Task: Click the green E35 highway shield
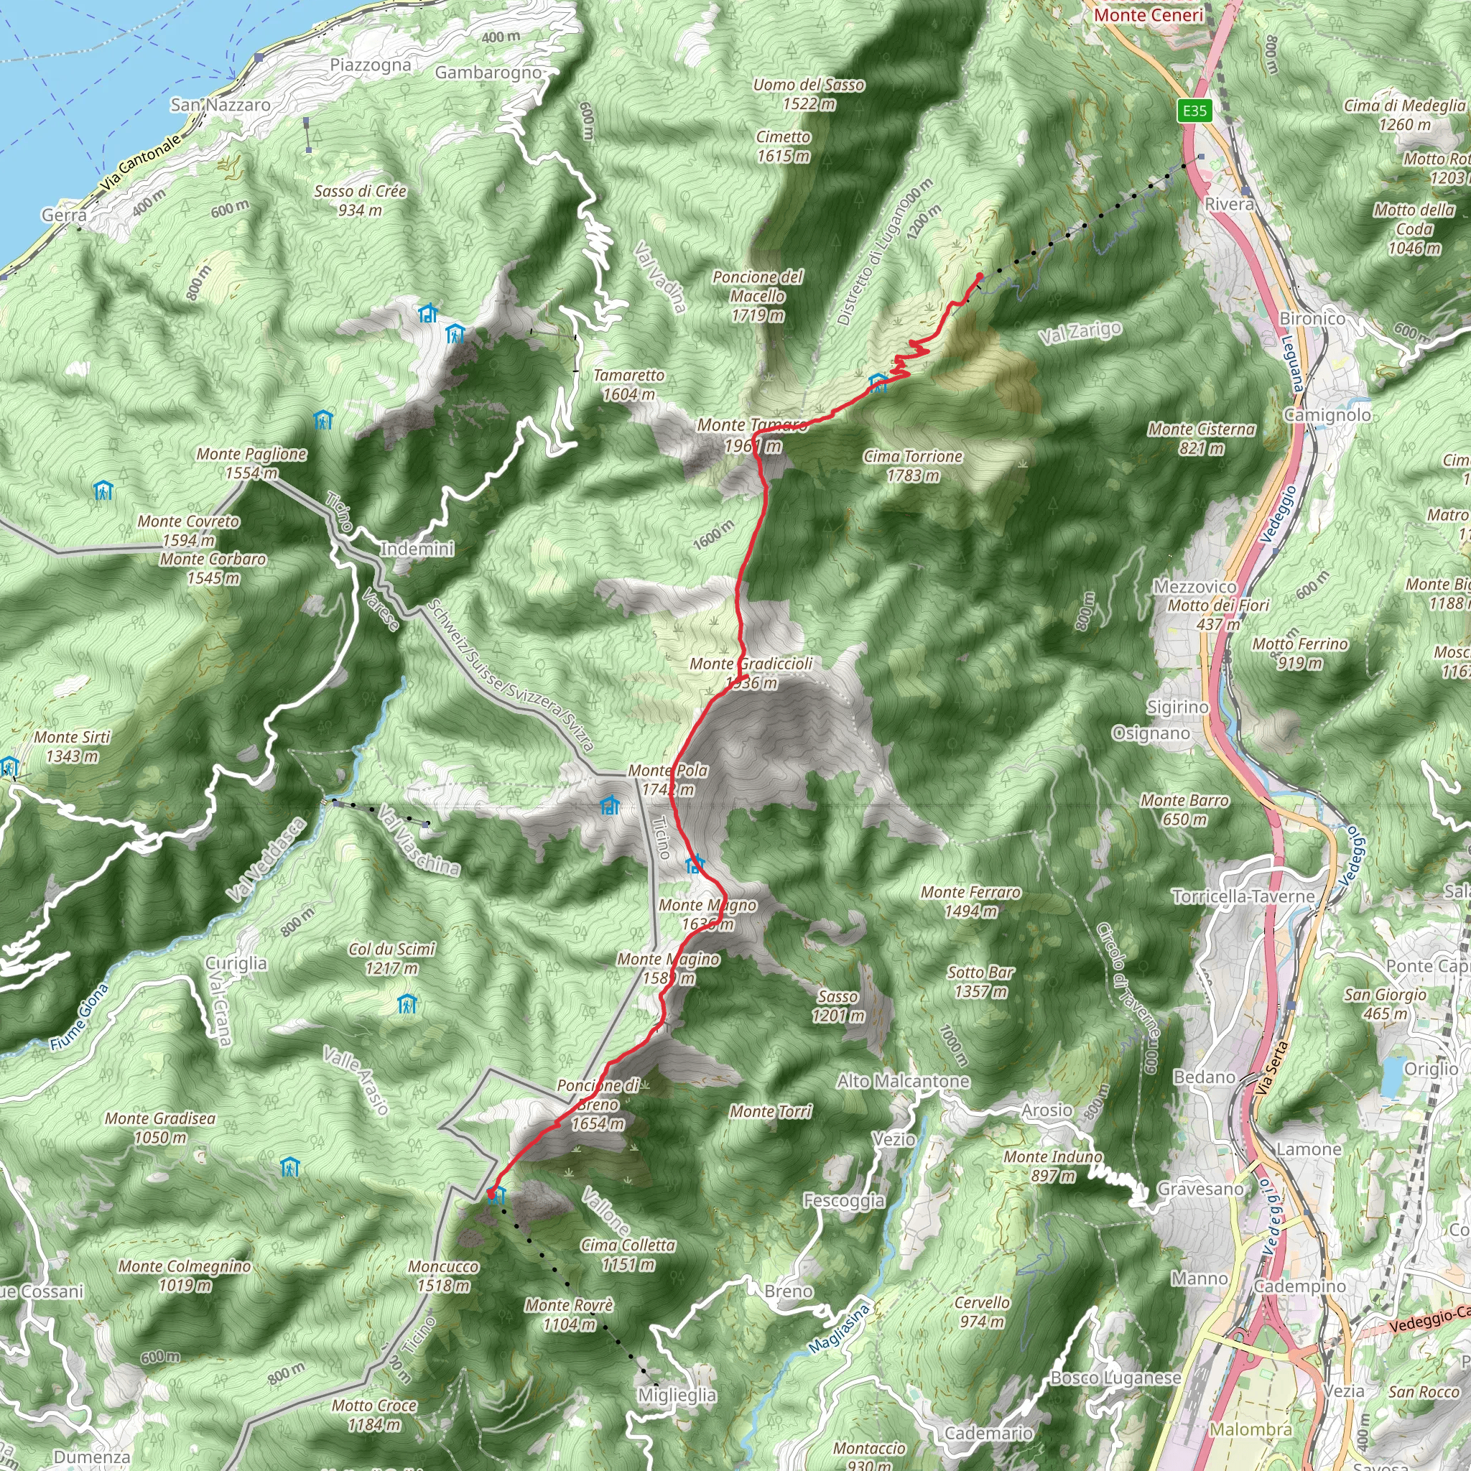[1194, 111]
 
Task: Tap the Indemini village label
[417, 549]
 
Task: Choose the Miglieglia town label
[677, 1395]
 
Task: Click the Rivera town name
[1229, 204]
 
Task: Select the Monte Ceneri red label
[1149, 15]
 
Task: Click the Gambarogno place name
[488, 73]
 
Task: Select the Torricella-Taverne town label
[1243, 896]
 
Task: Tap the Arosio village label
[1047, 1110]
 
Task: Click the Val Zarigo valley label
[1080, 332]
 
